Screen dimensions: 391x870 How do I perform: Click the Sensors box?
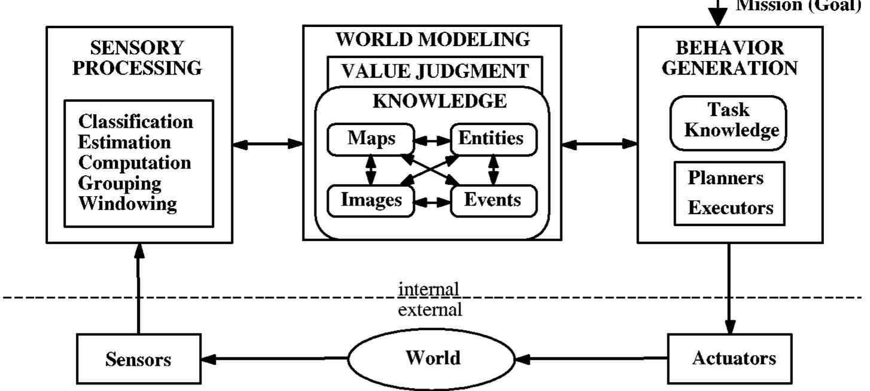click(x=138, y=359)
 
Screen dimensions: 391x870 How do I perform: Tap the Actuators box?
click(x=734, y=359)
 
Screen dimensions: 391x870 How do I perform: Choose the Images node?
click(x=371, y=200)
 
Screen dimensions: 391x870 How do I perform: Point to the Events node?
click(x=493, y=200)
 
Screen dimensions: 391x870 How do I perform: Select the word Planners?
click(x=725, y=179)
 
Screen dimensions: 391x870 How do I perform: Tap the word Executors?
click(x=730, y=209)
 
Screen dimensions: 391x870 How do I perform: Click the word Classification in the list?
click(x=136, y=122)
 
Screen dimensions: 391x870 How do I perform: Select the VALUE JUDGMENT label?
click(x=435, y=72)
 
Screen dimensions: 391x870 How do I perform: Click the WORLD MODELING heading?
click(x=432, y=40)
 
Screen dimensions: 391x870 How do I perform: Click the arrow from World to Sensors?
click(x=275, y=359)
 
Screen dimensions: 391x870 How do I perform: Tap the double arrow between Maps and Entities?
click(x=432, y=140)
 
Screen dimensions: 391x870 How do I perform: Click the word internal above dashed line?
click(x=429, y=289)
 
